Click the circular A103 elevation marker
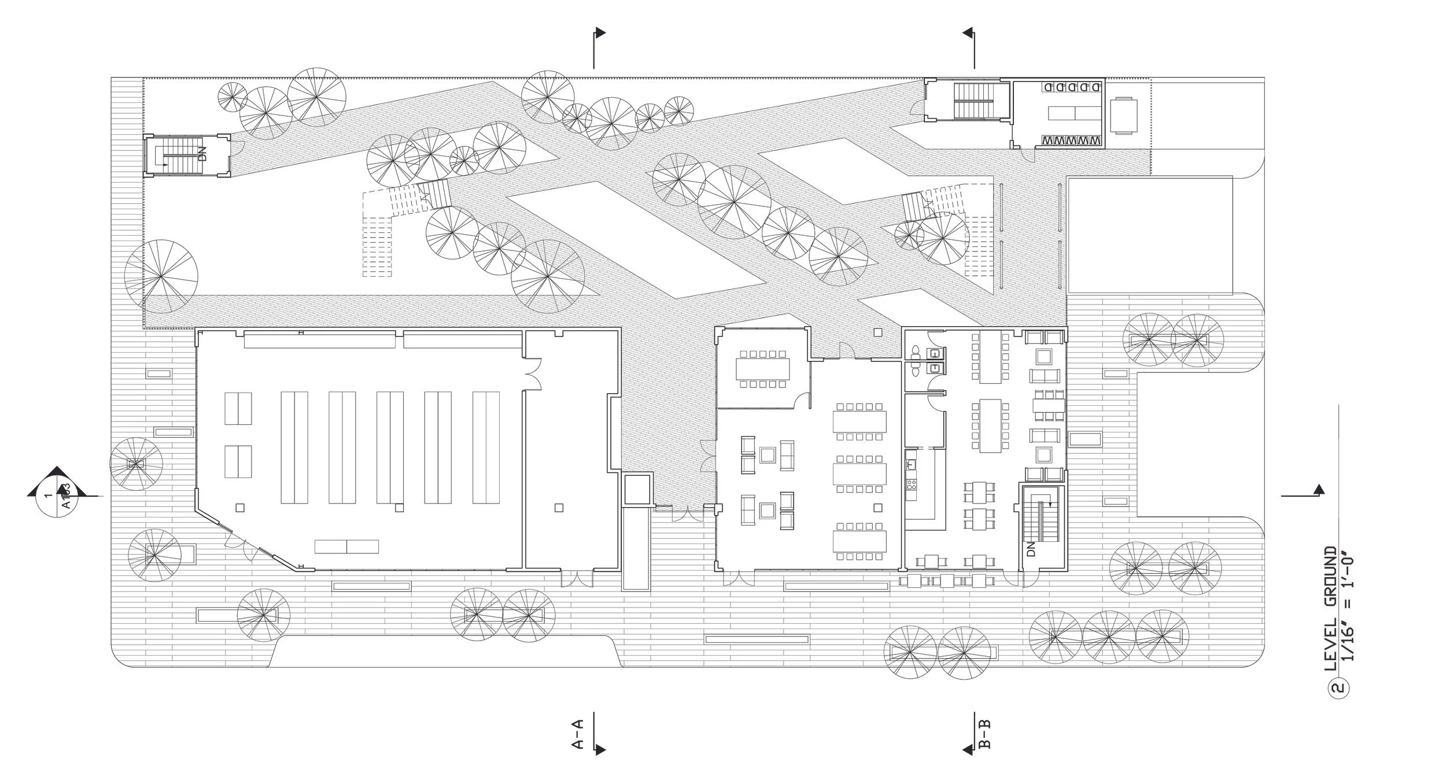pyautogui.click(x=57, y=495)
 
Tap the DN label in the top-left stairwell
pyautogui.click(x=202, y=154)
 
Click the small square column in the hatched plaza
pyautogui.click(x=877, y=332)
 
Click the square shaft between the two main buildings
pyautogui.click(x=636, y=490)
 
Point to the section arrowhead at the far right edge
pyautogui.click(x=1319, y=490)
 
